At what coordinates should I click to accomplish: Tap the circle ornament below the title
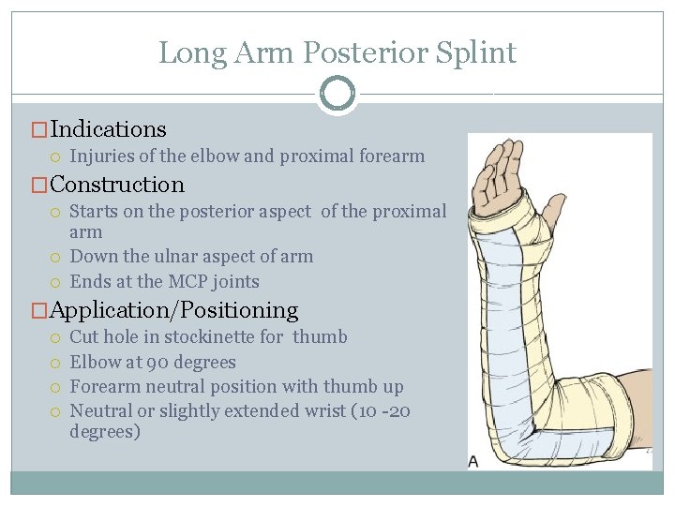point(337,94)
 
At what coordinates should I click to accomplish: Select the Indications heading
point(108,129)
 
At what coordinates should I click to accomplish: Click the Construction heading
point(117,185)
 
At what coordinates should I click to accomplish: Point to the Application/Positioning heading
point(173,310)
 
